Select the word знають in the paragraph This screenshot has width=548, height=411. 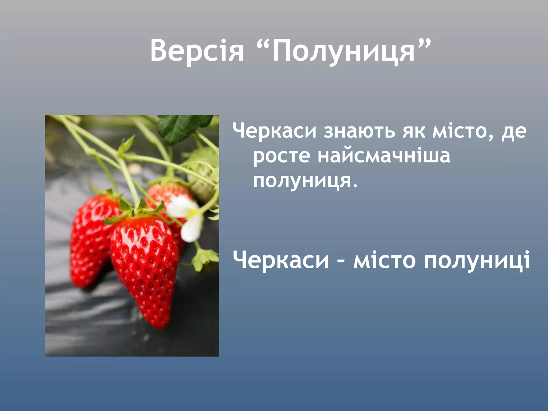[359, 131]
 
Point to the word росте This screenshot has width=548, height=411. [281, 157]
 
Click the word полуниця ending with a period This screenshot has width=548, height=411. [305, 181]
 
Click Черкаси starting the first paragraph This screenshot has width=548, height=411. [275, 131]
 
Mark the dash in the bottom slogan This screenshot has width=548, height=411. [341, 261]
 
